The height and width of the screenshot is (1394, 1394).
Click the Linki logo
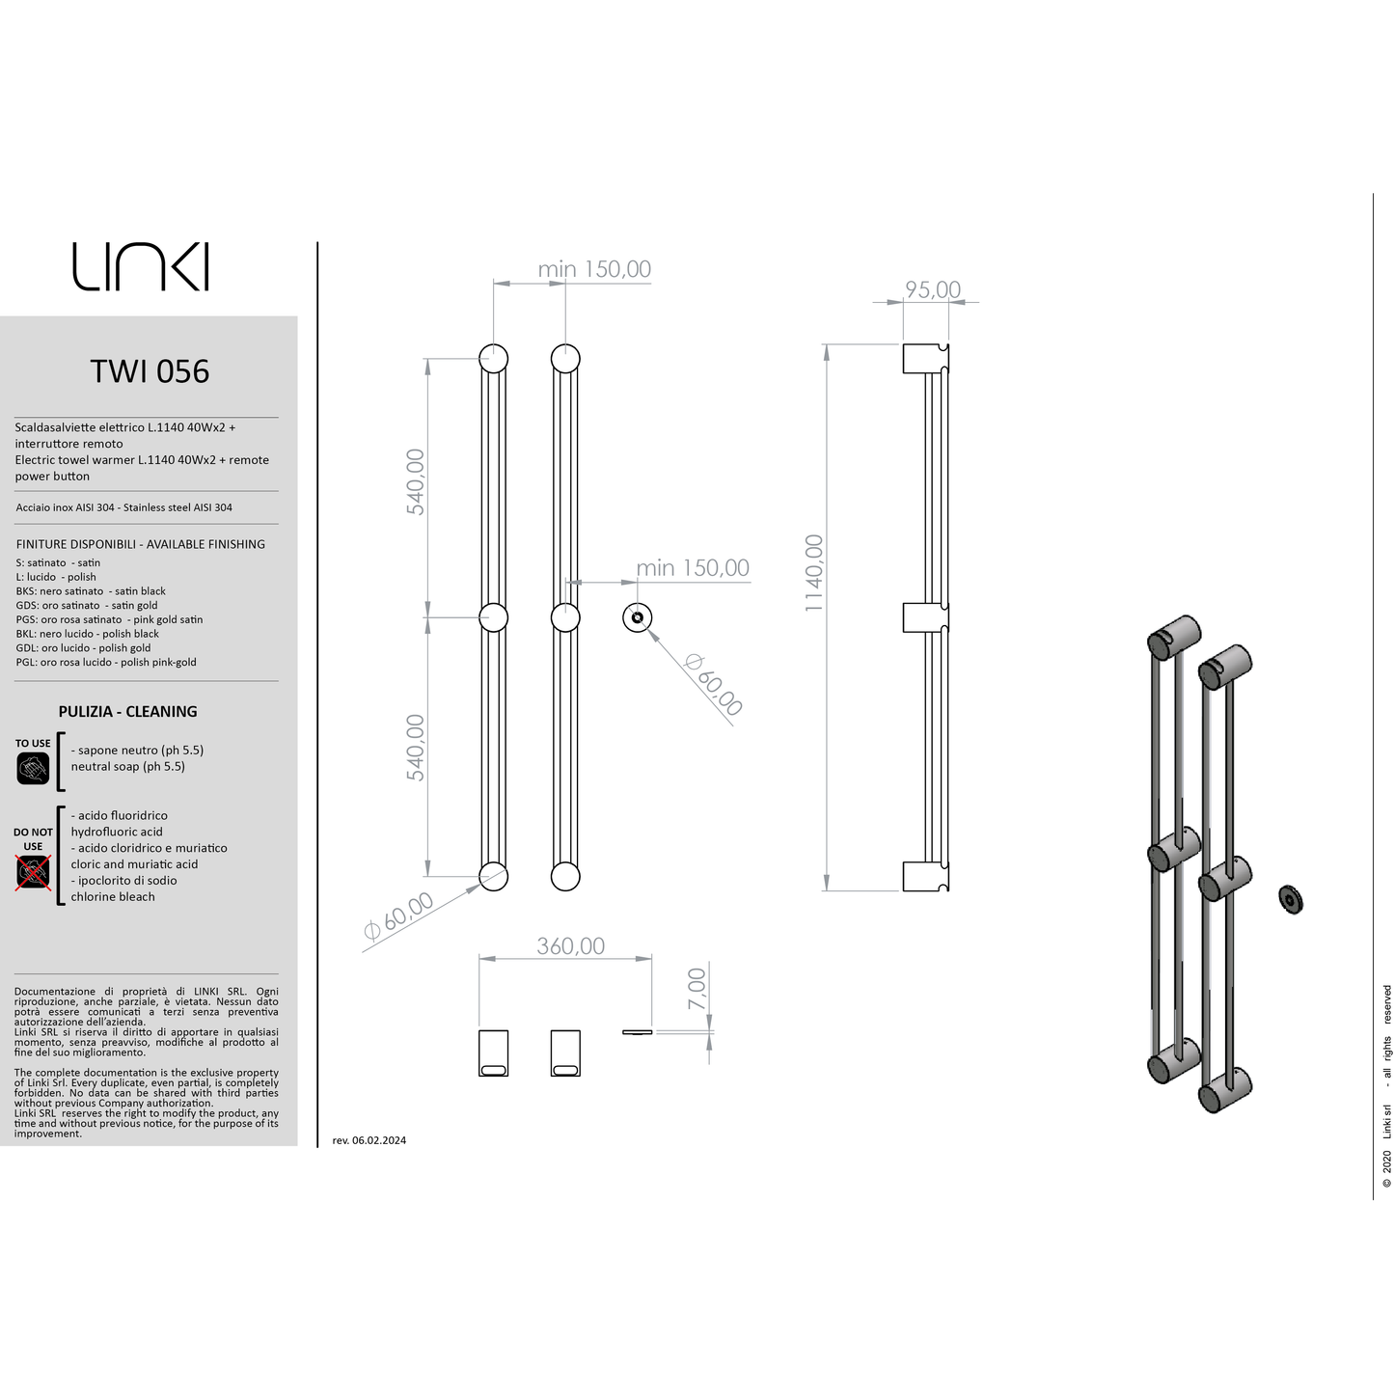(x=141, y=266)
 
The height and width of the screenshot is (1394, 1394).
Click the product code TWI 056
(x=150, y=371)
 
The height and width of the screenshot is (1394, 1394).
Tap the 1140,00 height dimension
(x=814, y=573)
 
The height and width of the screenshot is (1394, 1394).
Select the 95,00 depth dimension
(x=933, y=289)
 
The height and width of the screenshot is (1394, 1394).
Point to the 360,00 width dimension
(x=570, y=945)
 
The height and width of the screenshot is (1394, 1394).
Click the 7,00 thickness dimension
(x=697, y=990)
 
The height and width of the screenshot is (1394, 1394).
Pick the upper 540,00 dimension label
(x=415, y=481)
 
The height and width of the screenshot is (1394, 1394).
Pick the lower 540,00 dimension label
(x=415, y=747)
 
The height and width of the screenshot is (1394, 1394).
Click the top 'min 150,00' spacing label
(x=594, y=269)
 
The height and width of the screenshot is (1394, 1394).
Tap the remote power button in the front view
(x=637, y=617)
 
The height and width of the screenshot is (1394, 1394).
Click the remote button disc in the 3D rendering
(x=1290, y=899)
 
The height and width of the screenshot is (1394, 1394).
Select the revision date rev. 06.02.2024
(x=369, y=1140)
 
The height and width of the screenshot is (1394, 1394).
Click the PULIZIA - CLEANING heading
(x=127, y=712)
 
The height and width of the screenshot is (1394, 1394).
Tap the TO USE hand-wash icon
(x=33, y=768)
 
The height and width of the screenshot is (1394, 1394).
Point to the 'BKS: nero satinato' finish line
(x=91, y=591)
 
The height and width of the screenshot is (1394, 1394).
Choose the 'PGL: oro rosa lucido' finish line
(x=106, y=663)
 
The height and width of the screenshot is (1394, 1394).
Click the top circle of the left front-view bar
(x=494, y=358)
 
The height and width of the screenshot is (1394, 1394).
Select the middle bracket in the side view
(x=925, y=617)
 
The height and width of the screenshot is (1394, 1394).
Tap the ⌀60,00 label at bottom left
(x=398, y=916)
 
